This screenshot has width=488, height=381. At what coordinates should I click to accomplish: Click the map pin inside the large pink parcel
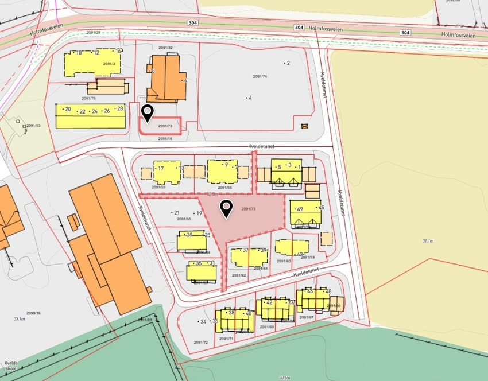227,209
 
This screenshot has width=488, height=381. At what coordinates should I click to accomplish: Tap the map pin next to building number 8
148,113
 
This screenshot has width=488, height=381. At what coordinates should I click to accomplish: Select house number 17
161,168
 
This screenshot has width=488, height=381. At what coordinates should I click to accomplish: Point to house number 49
300,209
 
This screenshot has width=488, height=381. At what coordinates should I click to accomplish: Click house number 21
176,213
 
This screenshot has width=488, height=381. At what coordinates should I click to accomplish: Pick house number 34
202,322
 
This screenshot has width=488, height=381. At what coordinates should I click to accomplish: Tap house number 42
269,302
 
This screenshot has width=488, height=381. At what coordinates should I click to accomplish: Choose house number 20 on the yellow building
68,109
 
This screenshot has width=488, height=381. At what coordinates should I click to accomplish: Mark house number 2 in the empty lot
288,63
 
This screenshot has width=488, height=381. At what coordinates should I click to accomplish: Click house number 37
245,250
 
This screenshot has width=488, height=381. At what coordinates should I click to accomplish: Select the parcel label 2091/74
260,76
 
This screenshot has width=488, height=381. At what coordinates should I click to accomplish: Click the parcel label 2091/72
200,343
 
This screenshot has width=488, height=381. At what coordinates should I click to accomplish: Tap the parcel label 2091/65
184,219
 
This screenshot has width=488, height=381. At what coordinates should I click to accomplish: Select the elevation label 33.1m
19,318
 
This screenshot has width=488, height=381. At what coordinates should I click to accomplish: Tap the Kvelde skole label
10,366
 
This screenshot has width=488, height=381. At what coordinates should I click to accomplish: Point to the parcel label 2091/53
34,125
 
